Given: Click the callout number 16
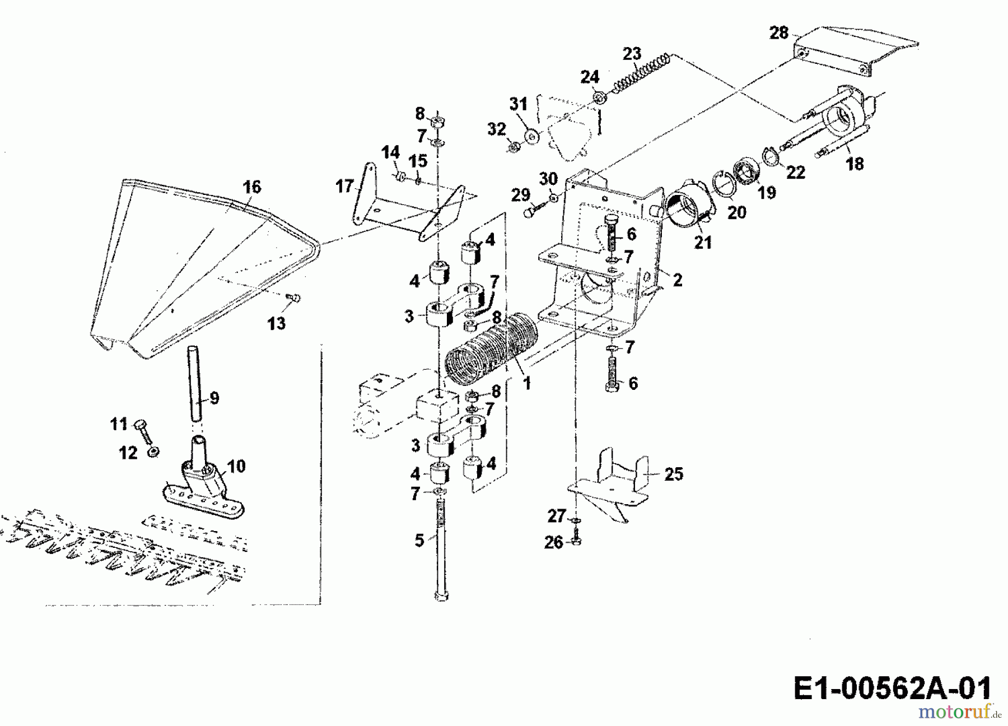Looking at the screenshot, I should pyautogui.click(x=252, y=187).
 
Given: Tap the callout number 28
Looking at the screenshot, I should pyautogui.click(x=778, y=33).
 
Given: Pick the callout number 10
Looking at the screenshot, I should pyautogui.click(x=236, y=466).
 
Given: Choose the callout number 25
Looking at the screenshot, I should pyautogui.click(x=674, y=474).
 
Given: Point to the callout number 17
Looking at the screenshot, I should pyautogui.click(x=345, y=185).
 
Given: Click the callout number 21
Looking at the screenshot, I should pyautogui.click(x=703, y=242).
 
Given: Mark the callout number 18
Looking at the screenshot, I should pyautogui.click(x=855, y=164).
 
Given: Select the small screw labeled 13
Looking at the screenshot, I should pyautogui.click(x=293, y=298).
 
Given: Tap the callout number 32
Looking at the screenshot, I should pyautogui.click(x=496, y=129).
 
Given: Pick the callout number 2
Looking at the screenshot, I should pyautogui.click(x=678, y=280).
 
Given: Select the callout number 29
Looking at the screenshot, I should pyautogui.click(x=521, y=195).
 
